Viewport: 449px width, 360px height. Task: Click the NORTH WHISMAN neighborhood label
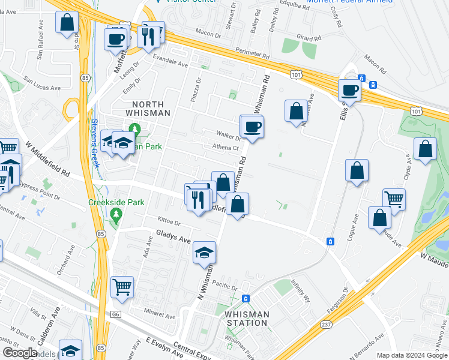[148, 108]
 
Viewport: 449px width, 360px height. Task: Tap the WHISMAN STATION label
[246, 318]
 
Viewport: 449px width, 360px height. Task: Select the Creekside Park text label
[116, 203]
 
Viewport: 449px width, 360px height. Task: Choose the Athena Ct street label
[226, 147]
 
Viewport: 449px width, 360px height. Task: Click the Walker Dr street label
[229, 136]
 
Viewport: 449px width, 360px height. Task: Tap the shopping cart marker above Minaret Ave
[122, 286]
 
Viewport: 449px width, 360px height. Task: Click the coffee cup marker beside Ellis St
[349, 91]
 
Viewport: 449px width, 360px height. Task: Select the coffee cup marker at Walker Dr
[252, 126]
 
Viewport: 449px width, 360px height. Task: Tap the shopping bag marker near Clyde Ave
[425, 150]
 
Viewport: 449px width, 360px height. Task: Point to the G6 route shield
[115, 313]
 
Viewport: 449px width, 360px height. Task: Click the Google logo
[21, 352]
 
